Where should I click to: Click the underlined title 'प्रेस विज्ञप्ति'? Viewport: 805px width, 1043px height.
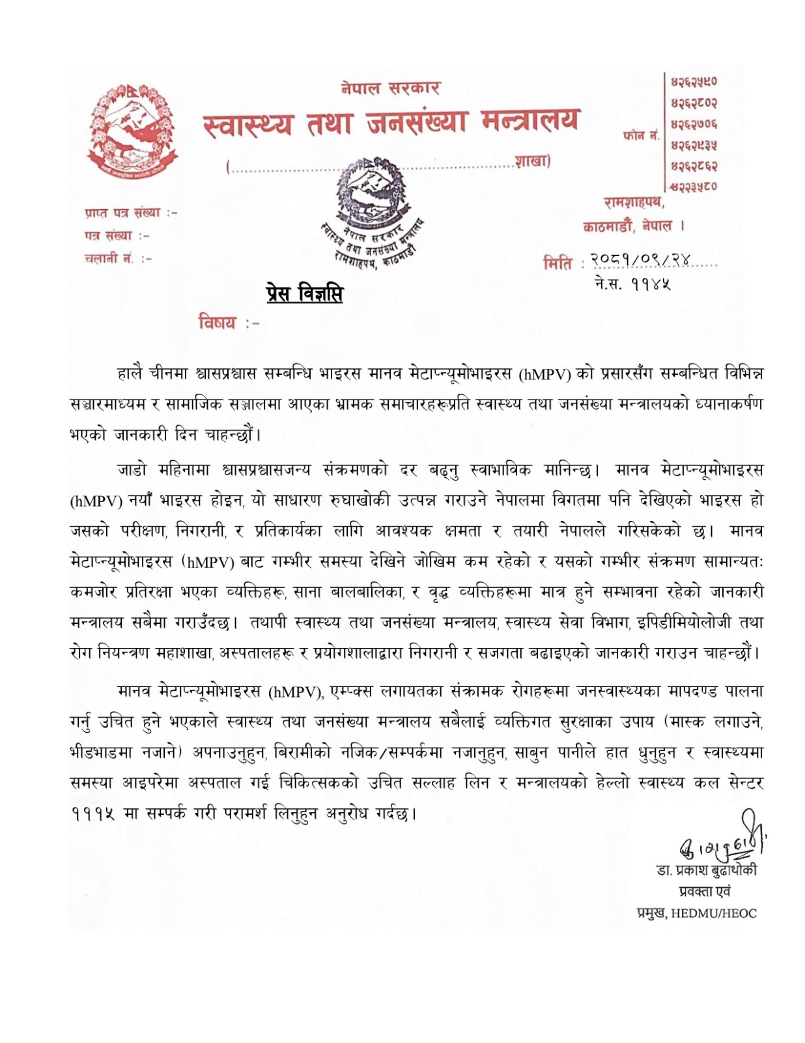pos(304,294)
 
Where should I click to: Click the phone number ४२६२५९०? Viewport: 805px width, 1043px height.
pos(694,83)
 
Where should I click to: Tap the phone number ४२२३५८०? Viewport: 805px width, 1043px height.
pos(694,186)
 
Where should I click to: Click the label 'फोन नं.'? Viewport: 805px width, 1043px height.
pos(641,135)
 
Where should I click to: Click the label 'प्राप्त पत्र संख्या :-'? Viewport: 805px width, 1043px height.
pos(131,213)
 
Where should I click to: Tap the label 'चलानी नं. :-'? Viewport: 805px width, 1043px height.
pos(118,258)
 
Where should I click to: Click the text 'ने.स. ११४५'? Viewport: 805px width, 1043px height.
pos(632,285)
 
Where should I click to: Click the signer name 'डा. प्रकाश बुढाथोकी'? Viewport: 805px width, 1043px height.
pos(707,871)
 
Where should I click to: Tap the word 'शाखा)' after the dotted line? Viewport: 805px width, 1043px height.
pos(532,162)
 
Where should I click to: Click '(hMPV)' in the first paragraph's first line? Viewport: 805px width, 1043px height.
pos(545,374)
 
